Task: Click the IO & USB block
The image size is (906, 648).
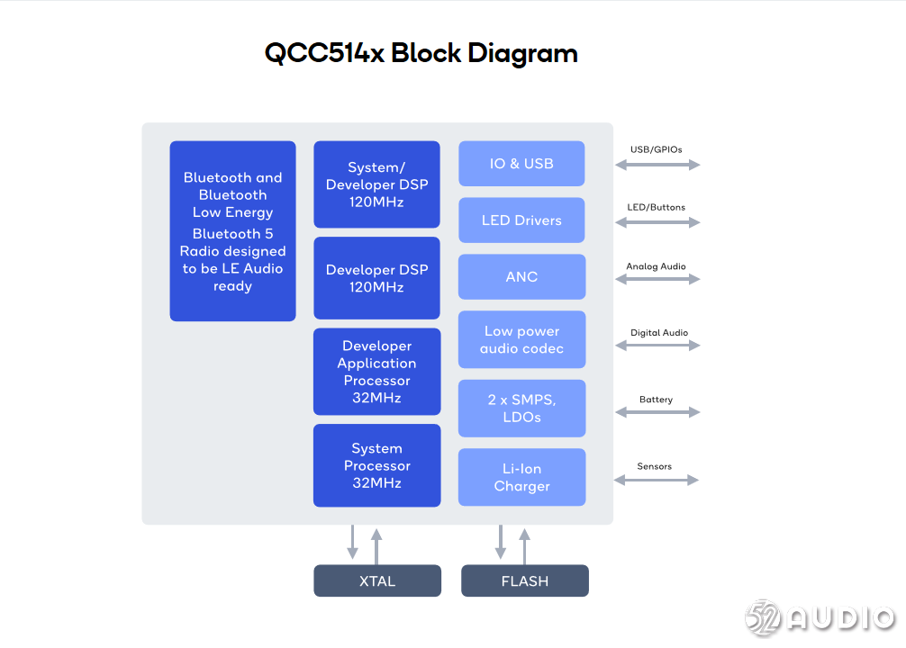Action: click(521, 164)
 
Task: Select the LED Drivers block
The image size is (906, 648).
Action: click(521, 220)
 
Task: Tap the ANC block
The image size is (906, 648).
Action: click(521, 276)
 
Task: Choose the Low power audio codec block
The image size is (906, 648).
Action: click(521, 339)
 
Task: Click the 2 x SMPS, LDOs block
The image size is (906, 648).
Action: click(521, 409)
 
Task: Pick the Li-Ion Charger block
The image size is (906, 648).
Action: click(521, 477)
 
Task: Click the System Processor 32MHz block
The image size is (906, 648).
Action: click(376, 465)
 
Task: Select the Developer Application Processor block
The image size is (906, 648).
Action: click(376, 372)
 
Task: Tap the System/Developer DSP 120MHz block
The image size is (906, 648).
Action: click(376, 184)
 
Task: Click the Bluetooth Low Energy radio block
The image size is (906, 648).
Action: click(233, 231)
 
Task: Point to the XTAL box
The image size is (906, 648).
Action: click(377, 580)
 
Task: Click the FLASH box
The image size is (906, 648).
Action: click(525, 580)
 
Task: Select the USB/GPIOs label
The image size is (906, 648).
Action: click(657, 149)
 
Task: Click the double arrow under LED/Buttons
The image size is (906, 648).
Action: click(657, 222)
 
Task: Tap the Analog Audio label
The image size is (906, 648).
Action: click(657, 266)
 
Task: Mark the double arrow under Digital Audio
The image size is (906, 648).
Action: click(657, 346)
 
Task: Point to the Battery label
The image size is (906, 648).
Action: click(657, 400)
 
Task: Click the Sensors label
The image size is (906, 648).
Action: click(655, 466)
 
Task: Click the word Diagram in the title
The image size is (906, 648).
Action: click(522, 54)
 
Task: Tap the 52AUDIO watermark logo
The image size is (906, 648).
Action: click(820, 618)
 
